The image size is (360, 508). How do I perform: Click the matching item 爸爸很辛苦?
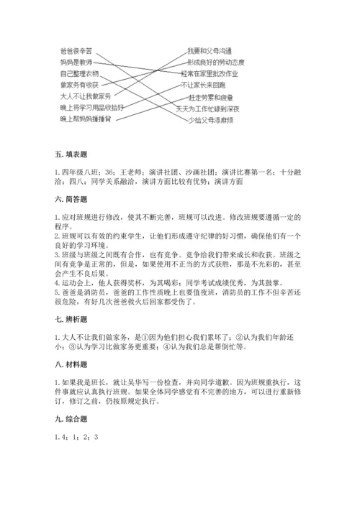point(76,51)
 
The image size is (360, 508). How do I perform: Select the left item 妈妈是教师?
point(76,63)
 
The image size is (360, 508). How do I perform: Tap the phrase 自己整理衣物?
point(79,73)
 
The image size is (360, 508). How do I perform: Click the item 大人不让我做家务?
point(84,96)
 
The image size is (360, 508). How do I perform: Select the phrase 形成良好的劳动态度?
point(213,63)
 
